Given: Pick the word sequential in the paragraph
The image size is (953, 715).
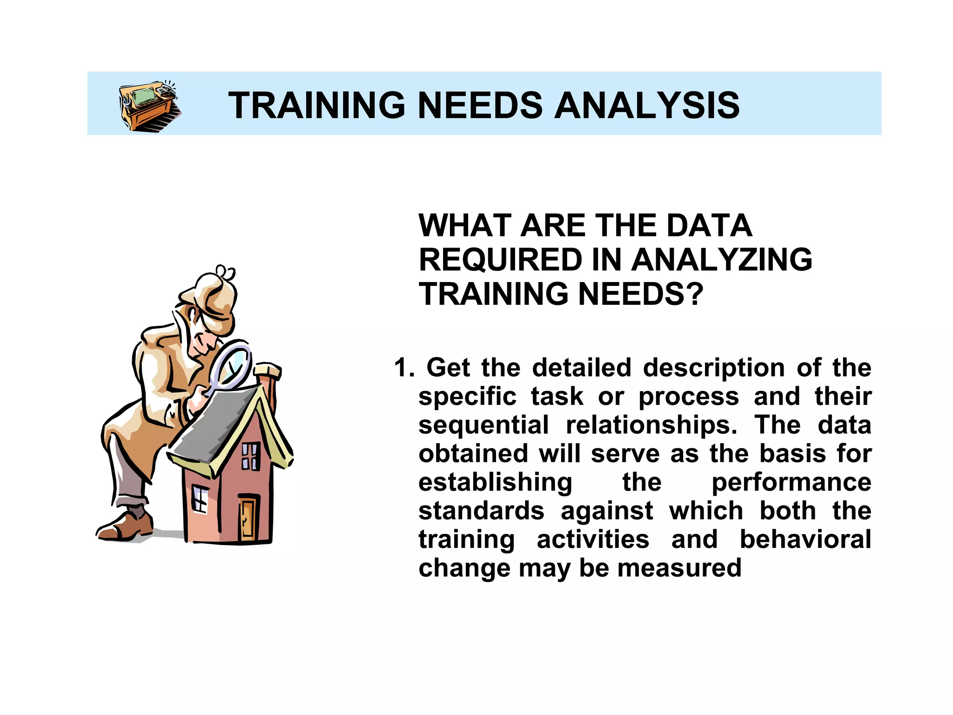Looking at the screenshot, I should click(483, 425).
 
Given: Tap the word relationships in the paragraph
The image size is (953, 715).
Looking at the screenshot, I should click(651, 425).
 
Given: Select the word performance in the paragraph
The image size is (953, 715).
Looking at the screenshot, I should click(791, 482).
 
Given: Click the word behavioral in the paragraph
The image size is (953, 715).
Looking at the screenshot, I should click(805, 540).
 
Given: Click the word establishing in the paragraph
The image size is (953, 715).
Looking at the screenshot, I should click(495, 482).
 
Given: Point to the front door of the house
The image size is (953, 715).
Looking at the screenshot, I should click(248, 518).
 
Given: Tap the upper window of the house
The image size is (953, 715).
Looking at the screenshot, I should click(250, 456).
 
